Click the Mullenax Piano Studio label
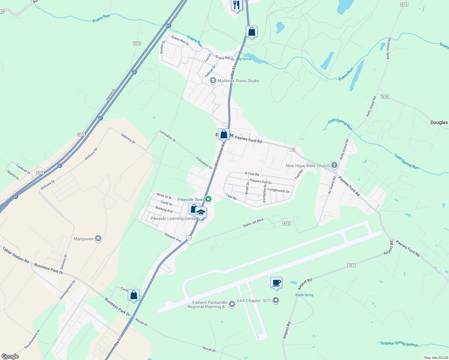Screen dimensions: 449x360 238,81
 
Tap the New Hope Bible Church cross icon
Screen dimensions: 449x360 334,165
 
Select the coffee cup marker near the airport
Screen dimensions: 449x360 276,283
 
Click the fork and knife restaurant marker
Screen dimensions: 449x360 237,5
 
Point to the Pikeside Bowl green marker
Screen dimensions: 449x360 208,199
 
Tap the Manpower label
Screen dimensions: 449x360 84,239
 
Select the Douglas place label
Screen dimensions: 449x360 439,122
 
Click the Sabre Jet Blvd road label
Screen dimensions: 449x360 253,222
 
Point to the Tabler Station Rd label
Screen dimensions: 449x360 16,255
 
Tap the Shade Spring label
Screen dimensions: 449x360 304,295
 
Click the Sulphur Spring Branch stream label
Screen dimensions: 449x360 399,344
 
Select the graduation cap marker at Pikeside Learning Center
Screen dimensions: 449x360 201,213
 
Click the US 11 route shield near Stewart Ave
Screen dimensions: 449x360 188,238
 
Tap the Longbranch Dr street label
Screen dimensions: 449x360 279,190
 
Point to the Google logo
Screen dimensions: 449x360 10,356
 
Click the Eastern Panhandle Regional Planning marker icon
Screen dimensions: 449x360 232,304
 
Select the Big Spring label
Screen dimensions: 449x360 244,59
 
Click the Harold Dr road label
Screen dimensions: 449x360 110,94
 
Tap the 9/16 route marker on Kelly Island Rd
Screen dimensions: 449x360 385,97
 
